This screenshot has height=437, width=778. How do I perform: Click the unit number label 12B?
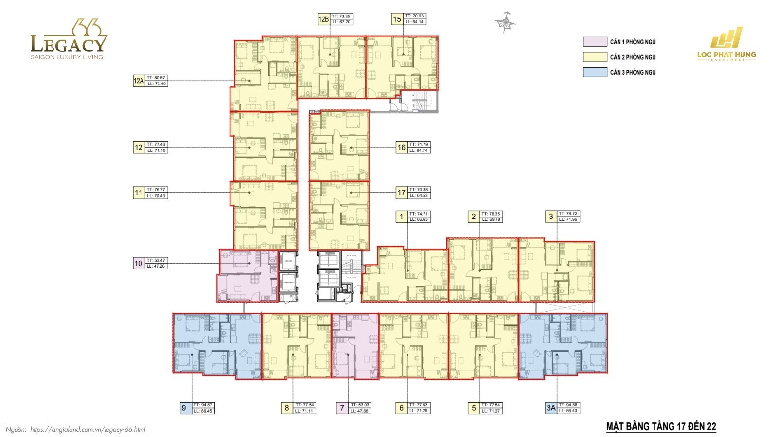323,19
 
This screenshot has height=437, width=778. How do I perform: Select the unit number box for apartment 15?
397,19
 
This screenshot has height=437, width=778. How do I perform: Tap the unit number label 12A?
139,81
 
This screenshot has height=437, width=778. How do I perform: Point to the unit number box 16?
401,148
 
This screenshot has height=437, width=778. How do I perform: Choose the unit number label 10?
139,263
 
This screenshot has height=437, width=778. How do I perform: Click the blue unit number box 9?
184,408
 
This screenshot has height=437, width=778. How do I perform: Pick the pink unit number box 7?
342,408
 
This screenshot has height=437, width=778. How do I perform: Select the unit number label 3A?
550,408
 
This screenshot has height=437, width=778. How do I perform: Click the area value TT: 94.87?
203,405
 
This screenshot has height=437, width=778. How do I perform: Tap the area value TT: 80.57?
157,78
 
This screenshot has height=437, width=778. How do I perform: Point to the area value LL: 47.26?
157,266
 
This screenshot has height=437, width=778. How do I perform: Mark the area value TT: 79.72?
568,214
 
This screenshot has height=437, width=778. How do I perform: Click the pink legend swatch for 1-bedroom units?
595,42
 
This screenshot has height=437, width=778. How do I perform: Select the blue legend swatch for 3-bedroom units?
595,72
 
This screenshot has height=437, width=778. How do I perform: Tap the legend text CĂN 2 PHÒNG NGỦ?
633,57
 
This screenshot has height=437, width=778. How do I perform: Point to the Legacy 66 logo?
68,40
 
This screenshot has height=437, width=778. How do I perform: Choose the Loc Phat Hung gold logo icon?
726,37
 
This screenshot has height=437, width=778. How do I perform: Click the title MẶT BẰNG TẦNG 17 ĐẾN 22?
661,427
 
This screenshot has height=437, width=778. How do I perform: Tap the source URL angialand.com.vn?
88,429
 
